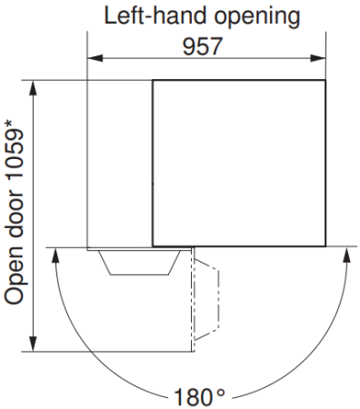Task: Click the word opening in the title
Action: tap(257, 17)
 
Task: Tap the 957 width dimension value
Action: tap(203, 46)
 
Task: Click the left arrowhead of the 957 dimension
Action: tap(95, 58)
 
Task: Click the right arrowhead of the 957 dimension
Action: tap(318, 58)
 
